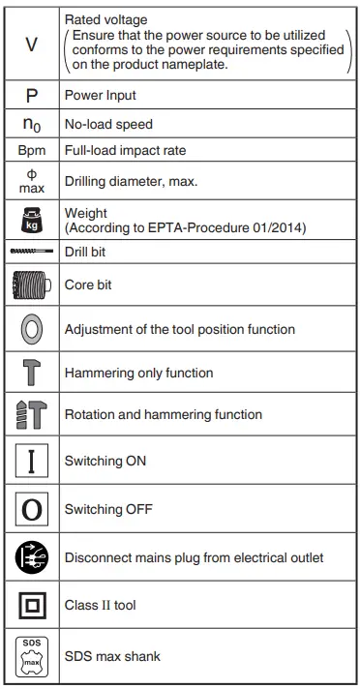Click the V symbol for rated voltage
[x=30, y=46]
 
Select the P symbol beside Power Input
[x=30, y=97]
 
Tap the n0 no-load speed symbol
[x=30, y=125]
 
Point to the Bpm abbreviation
[x=30, y=152]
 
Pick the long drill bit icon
[x=30, y=251]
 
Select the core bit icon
[x=30, y=285]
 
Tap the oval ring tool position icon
[x=30, y=329]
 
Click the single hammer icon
[x=30, y=372]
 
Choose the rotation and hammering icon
[x=30, y=414]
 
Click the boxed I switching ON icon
[x=30, y=461]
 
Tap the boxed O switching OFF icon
[x=30, y=508]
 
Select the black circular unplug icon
[x=30, y=556]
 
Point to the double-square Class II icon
[x=30, y=605]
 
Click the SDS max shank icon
[x=30, y=655]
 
